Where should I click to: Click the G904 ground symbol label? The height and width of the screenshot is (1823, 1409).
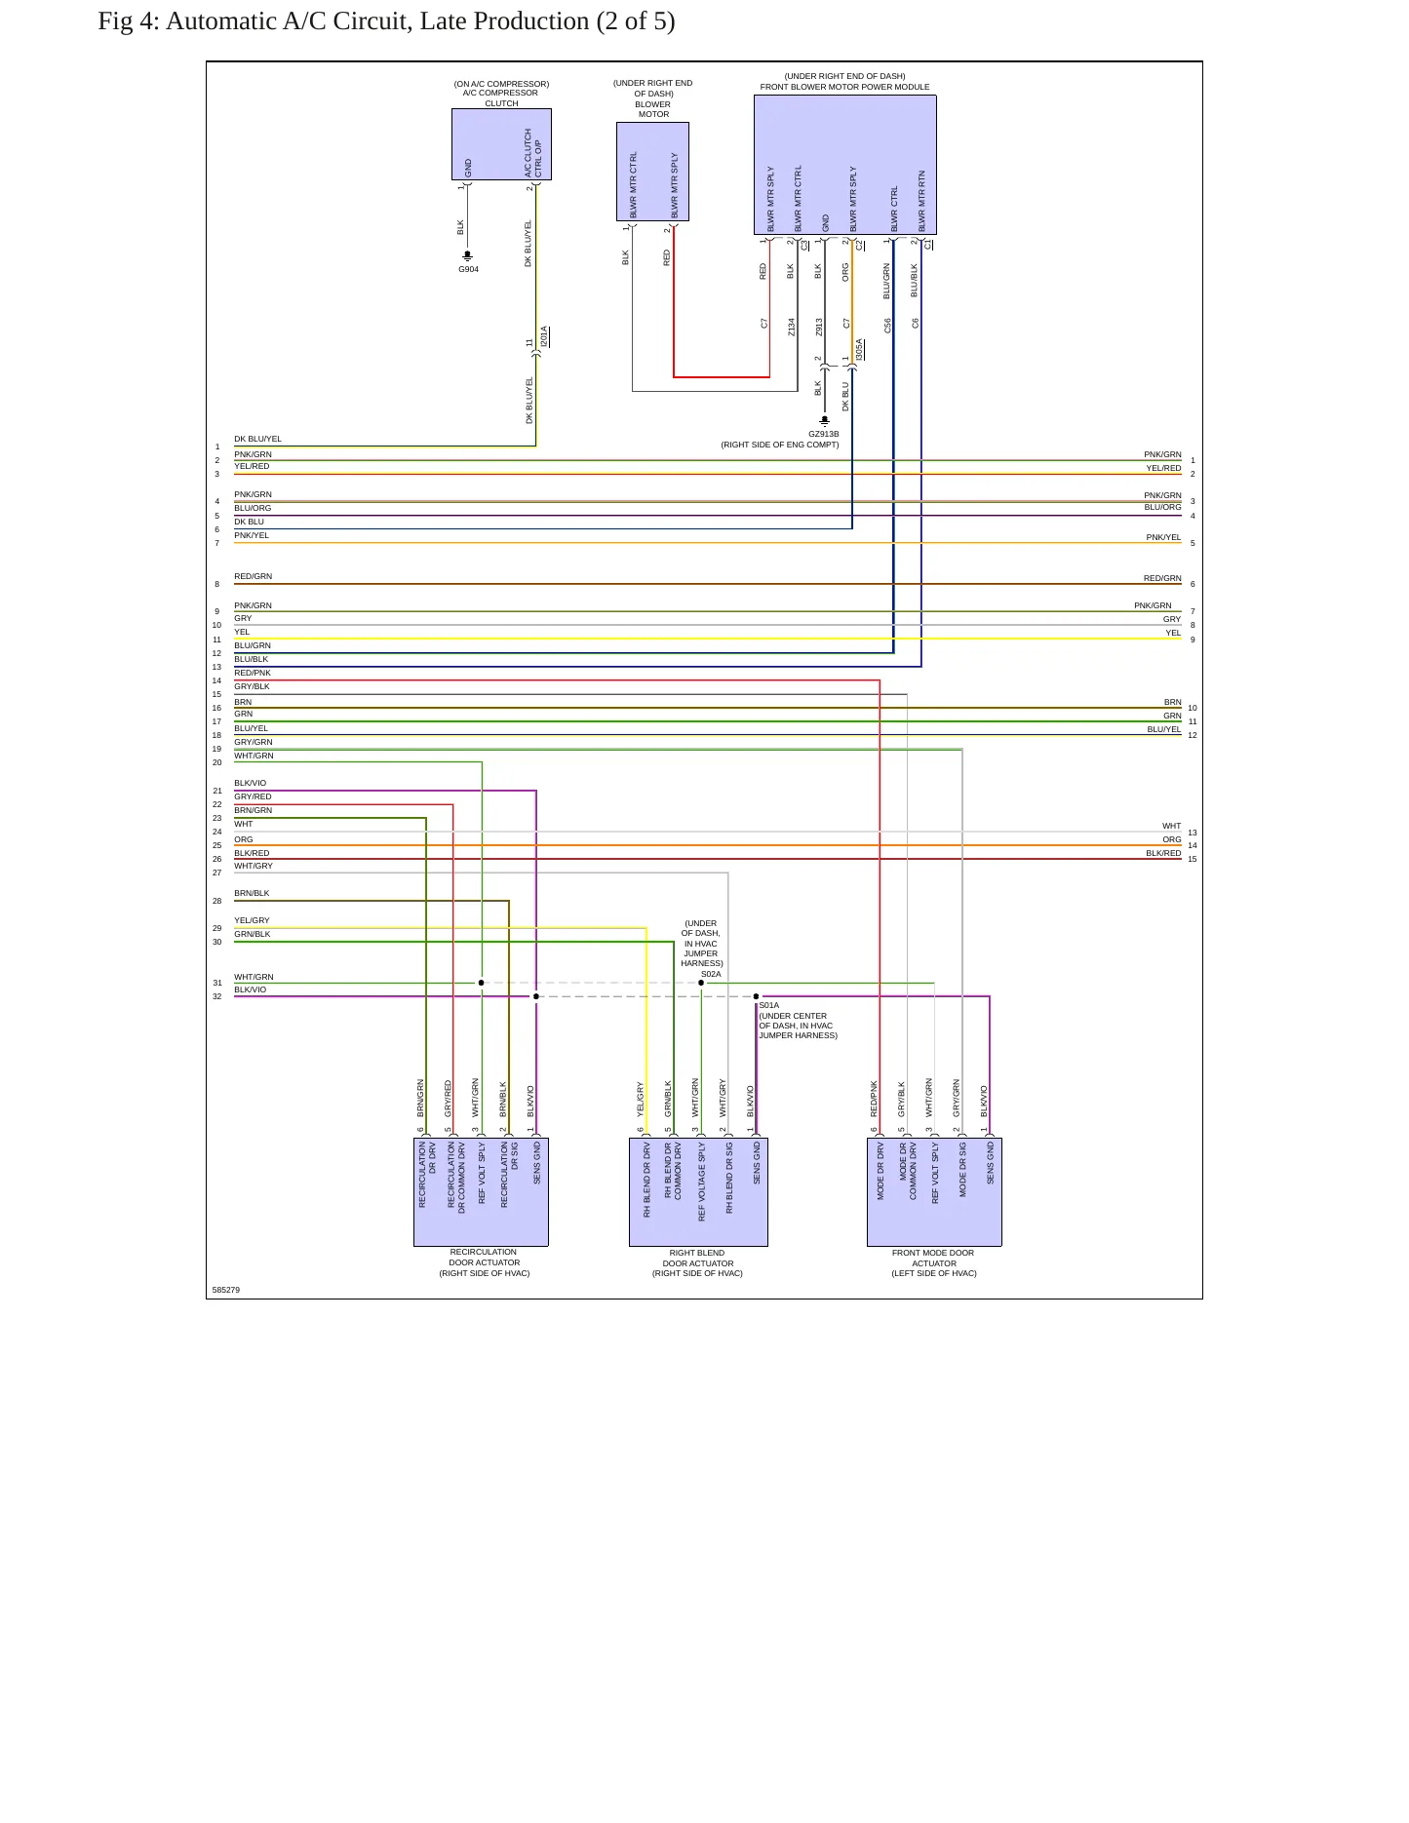468,269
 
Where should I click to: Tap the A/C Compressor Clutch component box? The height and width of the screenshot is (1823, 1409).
501,144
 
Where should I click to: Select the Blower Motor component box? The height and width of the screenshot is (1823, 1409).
652,172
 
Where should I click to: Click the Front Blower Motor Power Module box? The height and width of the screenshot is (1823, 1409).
845,166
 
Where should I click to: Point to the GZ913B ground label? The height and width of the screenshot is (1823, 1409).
823,434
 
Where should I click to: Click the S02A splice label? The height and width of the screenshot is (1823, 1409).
711,974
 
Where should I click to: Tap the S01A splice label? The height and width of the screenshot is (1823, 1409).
769,1005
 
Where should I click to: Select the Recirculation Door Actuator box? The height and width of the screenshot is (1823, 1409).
481,1191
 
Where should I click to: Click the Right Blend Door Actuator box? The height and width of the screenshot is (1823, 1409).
698,1191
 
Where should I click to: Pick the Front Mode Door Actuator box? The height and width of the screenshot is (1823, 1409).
934,1191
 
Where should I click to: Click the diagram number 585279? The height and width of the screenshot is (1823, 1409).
225,1290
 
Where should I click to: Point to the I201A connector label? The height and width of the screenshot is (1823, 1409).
544,337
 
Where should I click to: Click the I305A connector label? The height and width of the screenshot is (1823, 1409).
859,350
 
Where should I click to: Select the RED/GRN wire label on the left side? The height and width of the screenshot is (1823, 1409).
253,576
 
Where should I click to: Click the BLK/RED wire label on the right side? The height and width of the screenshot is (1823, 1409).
1163,853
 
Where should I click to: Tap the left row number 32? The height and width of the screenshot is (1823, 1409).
216,996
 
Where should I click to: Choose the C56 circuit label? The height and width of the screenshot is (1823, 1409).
887,325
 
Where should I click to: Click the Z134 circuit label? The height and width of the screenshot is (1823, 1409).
791,327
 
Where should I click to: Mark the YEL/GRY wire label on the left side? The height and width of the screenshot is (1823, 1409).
252,920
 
